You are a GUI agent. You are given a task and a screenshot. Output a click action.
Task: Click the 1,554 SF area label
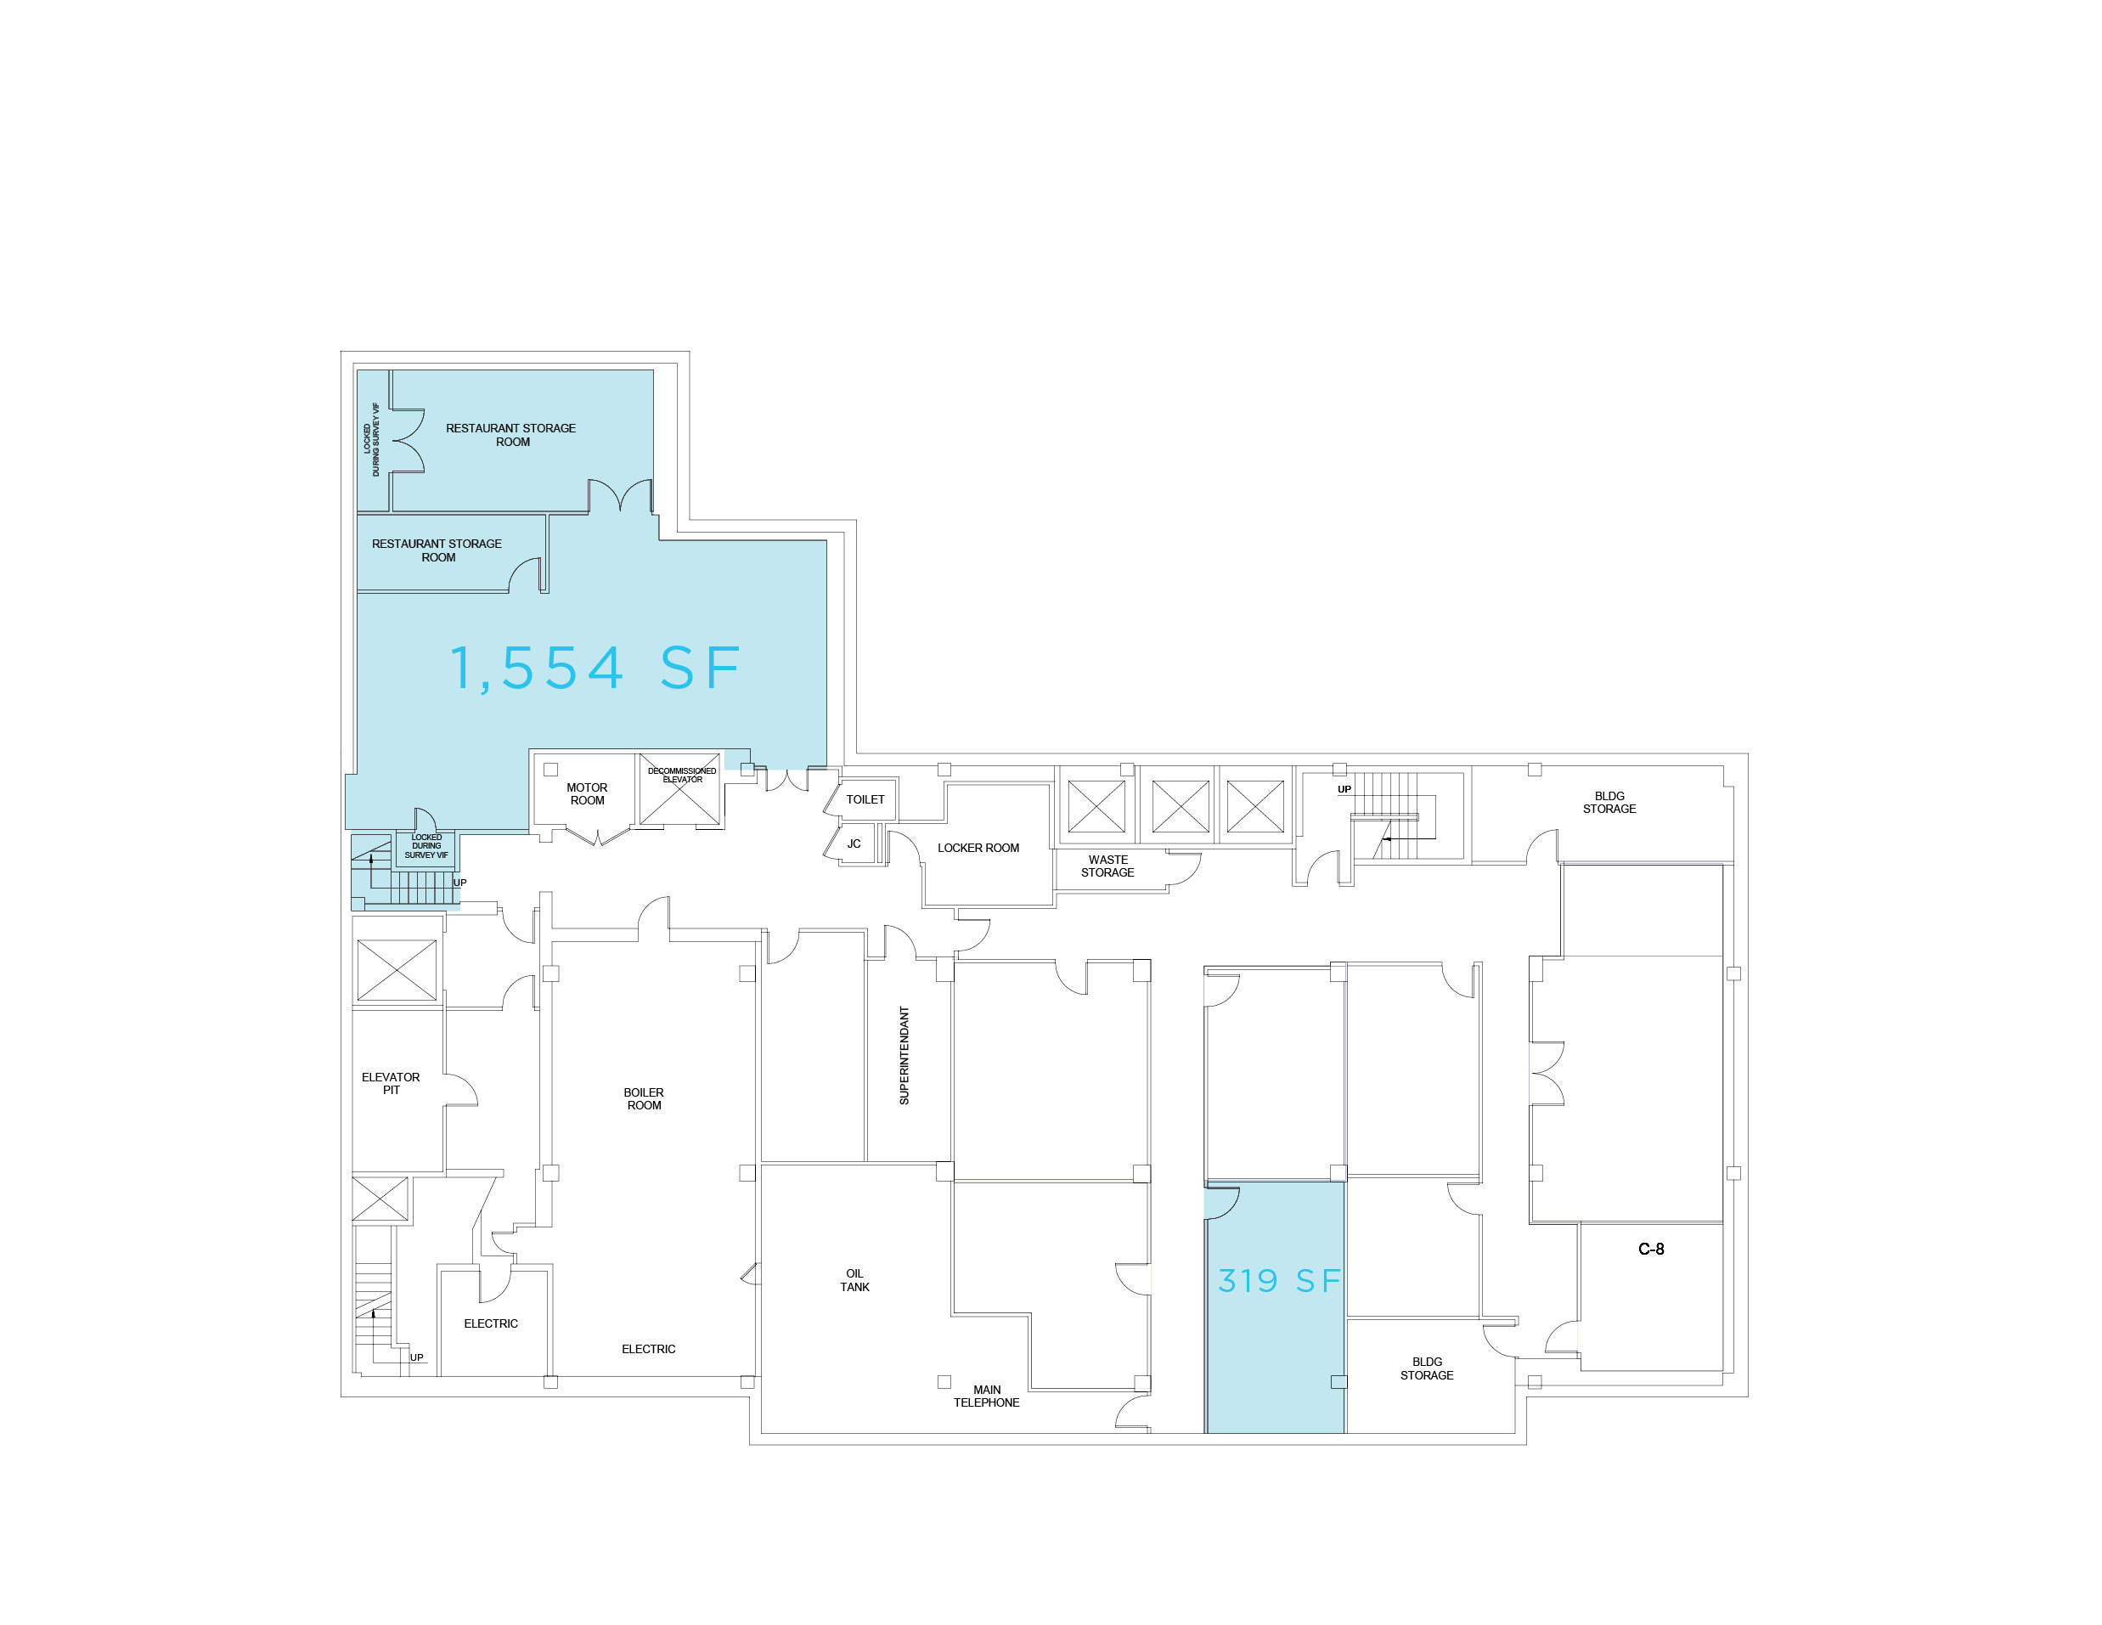pos(595,669)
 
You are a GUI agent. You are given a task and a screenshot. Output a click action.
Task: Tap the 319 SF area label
pos(1279,1280)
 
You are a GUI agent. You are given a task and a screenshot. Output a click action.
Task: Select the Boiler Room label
pos(644,1098)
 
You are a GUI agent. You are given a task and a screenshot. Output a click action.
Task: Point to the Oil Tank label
pos(854,1280)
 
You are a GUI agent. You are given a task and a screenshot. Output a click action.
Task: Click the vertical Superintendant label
pos(904,1055)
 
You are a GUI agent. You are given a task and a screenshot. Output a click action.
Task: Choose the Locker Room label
pos(978,848)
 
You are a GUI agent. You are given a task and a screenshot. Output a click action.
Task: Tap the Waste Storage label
pos(1107,866)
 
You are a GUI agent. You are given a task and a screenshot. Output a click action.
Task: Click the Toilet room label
pos(865,799)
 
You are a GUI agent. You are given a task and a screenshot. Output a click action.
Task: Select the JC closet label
pos(854,844)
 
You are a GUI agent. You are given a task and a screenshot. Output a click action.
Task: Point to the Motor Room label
pos(587,794)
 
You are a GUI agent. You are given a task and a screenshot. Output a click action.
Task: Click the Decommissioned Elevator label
pos(682,775)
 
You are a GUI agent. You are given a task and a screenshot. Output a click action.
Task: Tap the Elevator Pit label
pos(391,1083)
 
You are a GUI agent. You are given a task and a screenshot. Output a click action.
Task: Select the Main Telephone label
pos(987,1396)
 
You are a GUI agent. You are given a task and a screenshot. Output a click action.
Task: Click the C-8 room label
pos(1652,1249)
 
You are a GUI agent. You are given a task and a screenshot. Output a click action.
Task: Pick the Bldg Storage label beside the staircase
pos(1609,802)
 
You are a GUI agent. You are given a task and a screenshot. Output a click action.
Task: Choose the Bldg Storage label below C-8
pos(1426,1368)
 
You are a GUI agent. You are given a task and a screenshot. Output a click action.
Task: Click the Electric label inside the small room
pos(491,1323)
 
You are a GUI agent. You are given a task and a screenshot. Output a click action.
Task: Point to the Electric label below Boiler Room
pos(649,1349)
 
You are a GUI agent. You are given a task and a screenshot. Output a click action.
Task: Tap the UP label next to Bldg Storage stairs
pos(1344,789)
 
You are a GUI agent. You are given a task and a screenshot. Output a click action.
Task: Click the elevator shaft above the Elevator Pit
pos(397,970)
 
